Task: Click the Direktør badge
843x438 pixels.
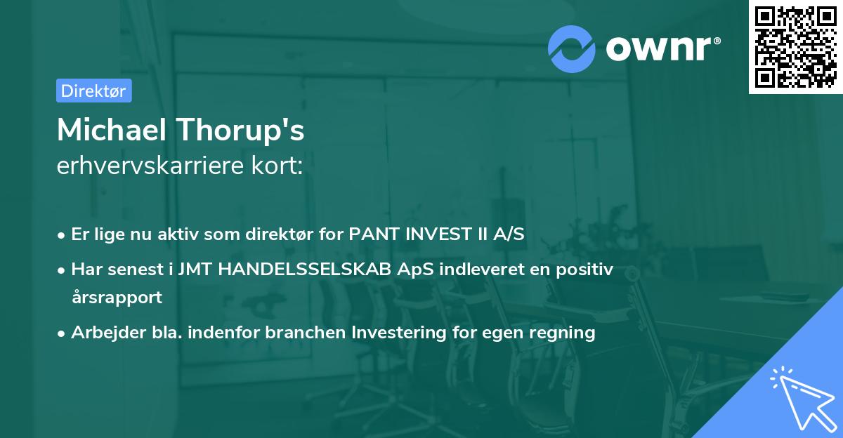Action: tap(93, 91)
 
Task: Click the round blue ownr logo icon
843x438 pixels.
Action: tap(572, 48)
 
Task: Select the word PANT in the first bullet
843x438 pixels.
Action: tap(371, 234)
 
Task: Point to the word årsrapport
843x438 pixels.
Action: tap(117, 297)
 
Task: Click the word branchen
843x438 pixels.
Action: tap(311, 332)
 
